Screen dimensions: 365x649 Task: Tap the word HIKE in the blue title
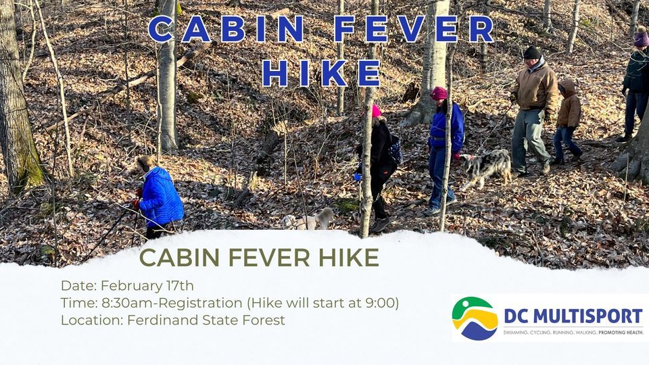pyautogui.click(x=321, y=73)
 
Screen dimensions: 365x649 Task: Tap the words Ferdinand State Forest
pyautogui.click(x=206, y=320)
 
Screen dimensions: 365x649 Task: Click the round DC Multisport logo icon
pyautogui.click(x=475, y=318)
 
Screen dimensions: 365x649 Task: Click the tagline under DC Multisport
pyautogui.click(x=573, y=333)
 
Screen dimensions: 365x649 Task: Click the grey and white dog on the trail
pyautogui.click(x=487, y=166)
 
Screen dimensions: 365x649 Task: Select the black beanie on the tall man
pyautogui.click(x=532, y=52)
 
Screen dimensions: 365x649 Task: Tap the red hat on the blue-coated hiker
pyautogui.click(x=439, y=93)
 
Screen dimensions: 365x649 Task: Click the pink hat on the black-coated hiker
pyautogui.click(x=375, y=111)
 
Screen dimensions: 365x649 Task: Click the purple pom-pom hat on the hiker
pyautogui.click(x=641, y=37)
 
